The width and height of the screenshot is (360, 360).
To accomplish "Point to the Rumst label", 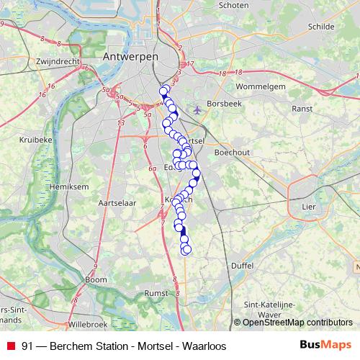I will click(156, 294).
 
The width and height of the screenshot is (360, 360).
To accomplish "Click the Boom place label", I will click(95, 279).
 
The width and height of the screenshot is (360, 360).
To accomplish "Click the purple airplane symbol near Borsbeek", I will click(198, 110).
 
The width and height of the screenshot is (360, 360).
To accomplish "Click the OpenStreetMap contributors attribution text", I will click(297, 323).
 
